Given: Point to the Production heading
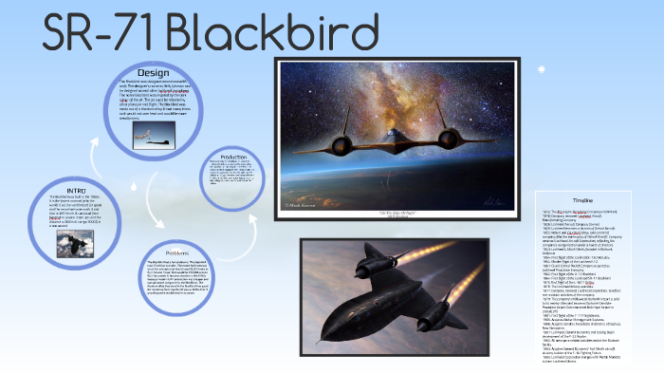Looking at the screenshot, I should pyautogui.click(x=233, y=157).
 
